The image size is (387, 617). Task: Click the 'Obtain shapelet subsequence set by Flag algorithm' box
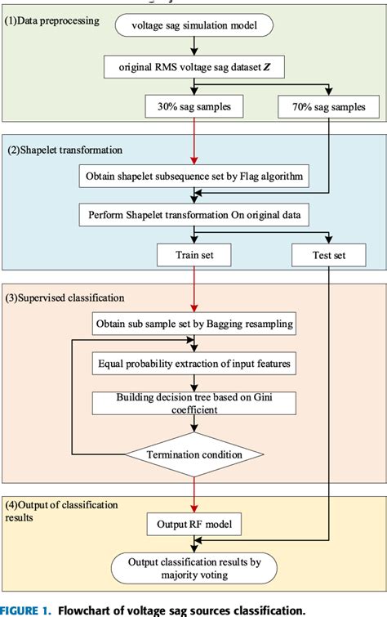pyautogui.click(x=193, y=176)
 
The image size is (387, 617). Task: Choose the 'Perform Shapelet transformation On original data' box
pyautogui.click(x=193, y=217)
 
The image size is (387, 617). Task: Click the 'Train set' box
pyautogui.click(x=193, y=256)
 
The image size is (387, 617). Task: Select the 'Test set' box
pyautogui.click(x=328, y=256)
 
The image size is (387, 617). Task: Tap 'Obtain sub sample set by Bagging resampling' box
pyautogui.click(x=193, y=324)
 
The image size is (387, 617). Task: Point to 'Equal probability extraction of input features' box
pyautogui.click(x=193, y=364)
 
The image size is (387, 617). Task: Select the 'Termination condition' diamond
pyautogui.click(x=193, y=454)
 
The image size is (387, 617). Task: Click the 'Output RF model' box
pyautogui.click(x=193, y=522)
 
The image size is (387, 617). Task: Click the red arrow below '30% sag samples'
pyautogui.click(x=193, y=139)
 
